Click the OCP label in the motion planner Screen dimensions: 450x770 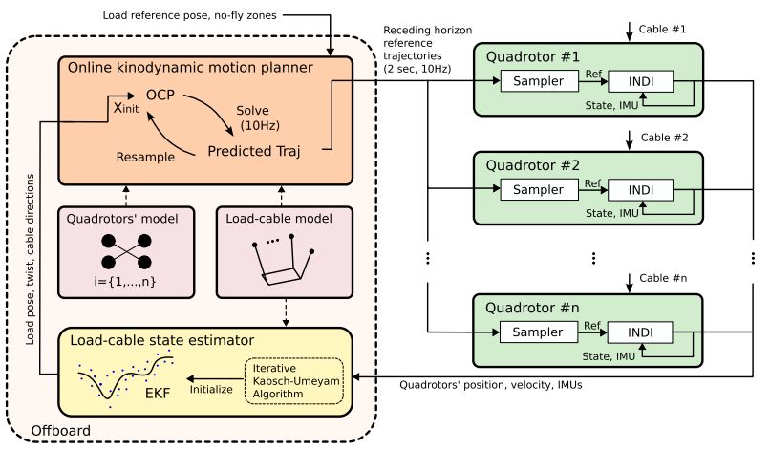click(x=161, y=96)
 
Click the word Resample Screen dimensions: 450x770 click(x=142, y=153)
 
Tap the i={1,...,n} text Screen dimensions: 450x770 click(x=121, y=283)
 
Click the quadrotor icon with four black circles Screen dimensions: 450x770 click(x=121, y=250)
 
